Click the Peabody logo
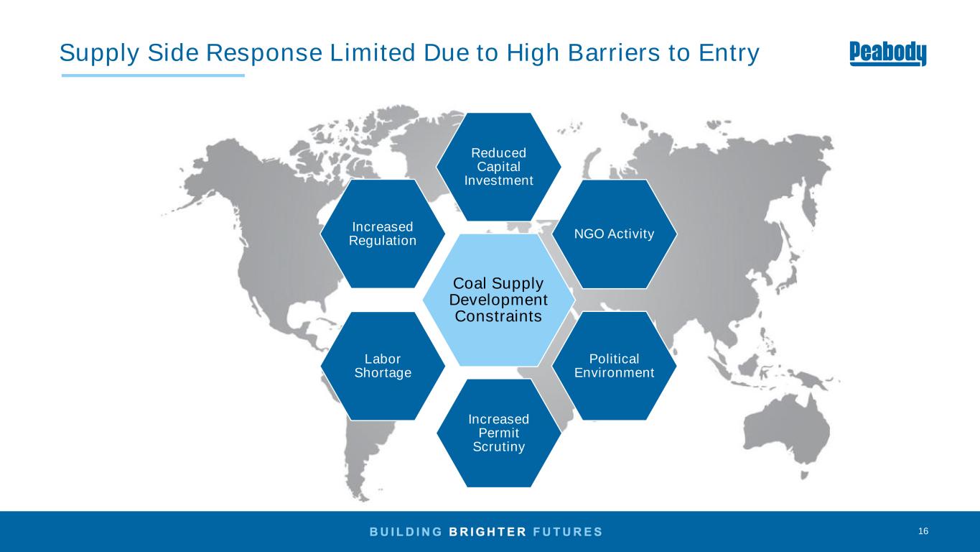(887, 53)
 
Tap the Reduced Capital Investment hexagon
(499, 167)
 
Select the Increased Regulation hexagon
(383, 234)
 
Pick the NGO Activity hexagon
(615, 234)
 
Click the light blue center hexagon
(498, 300)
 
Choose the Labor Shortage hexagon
(383, 366)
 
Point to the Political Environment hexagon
(614, 366)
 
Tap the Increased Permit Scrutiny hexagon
(499, 433)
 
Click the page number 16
(923, 531)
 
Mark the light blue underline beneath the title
(153, 75)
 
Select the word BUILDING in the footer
(405, 532)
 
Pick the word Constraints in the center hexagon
(498, 316)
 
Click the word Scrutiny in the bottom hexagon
(499, 447)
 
